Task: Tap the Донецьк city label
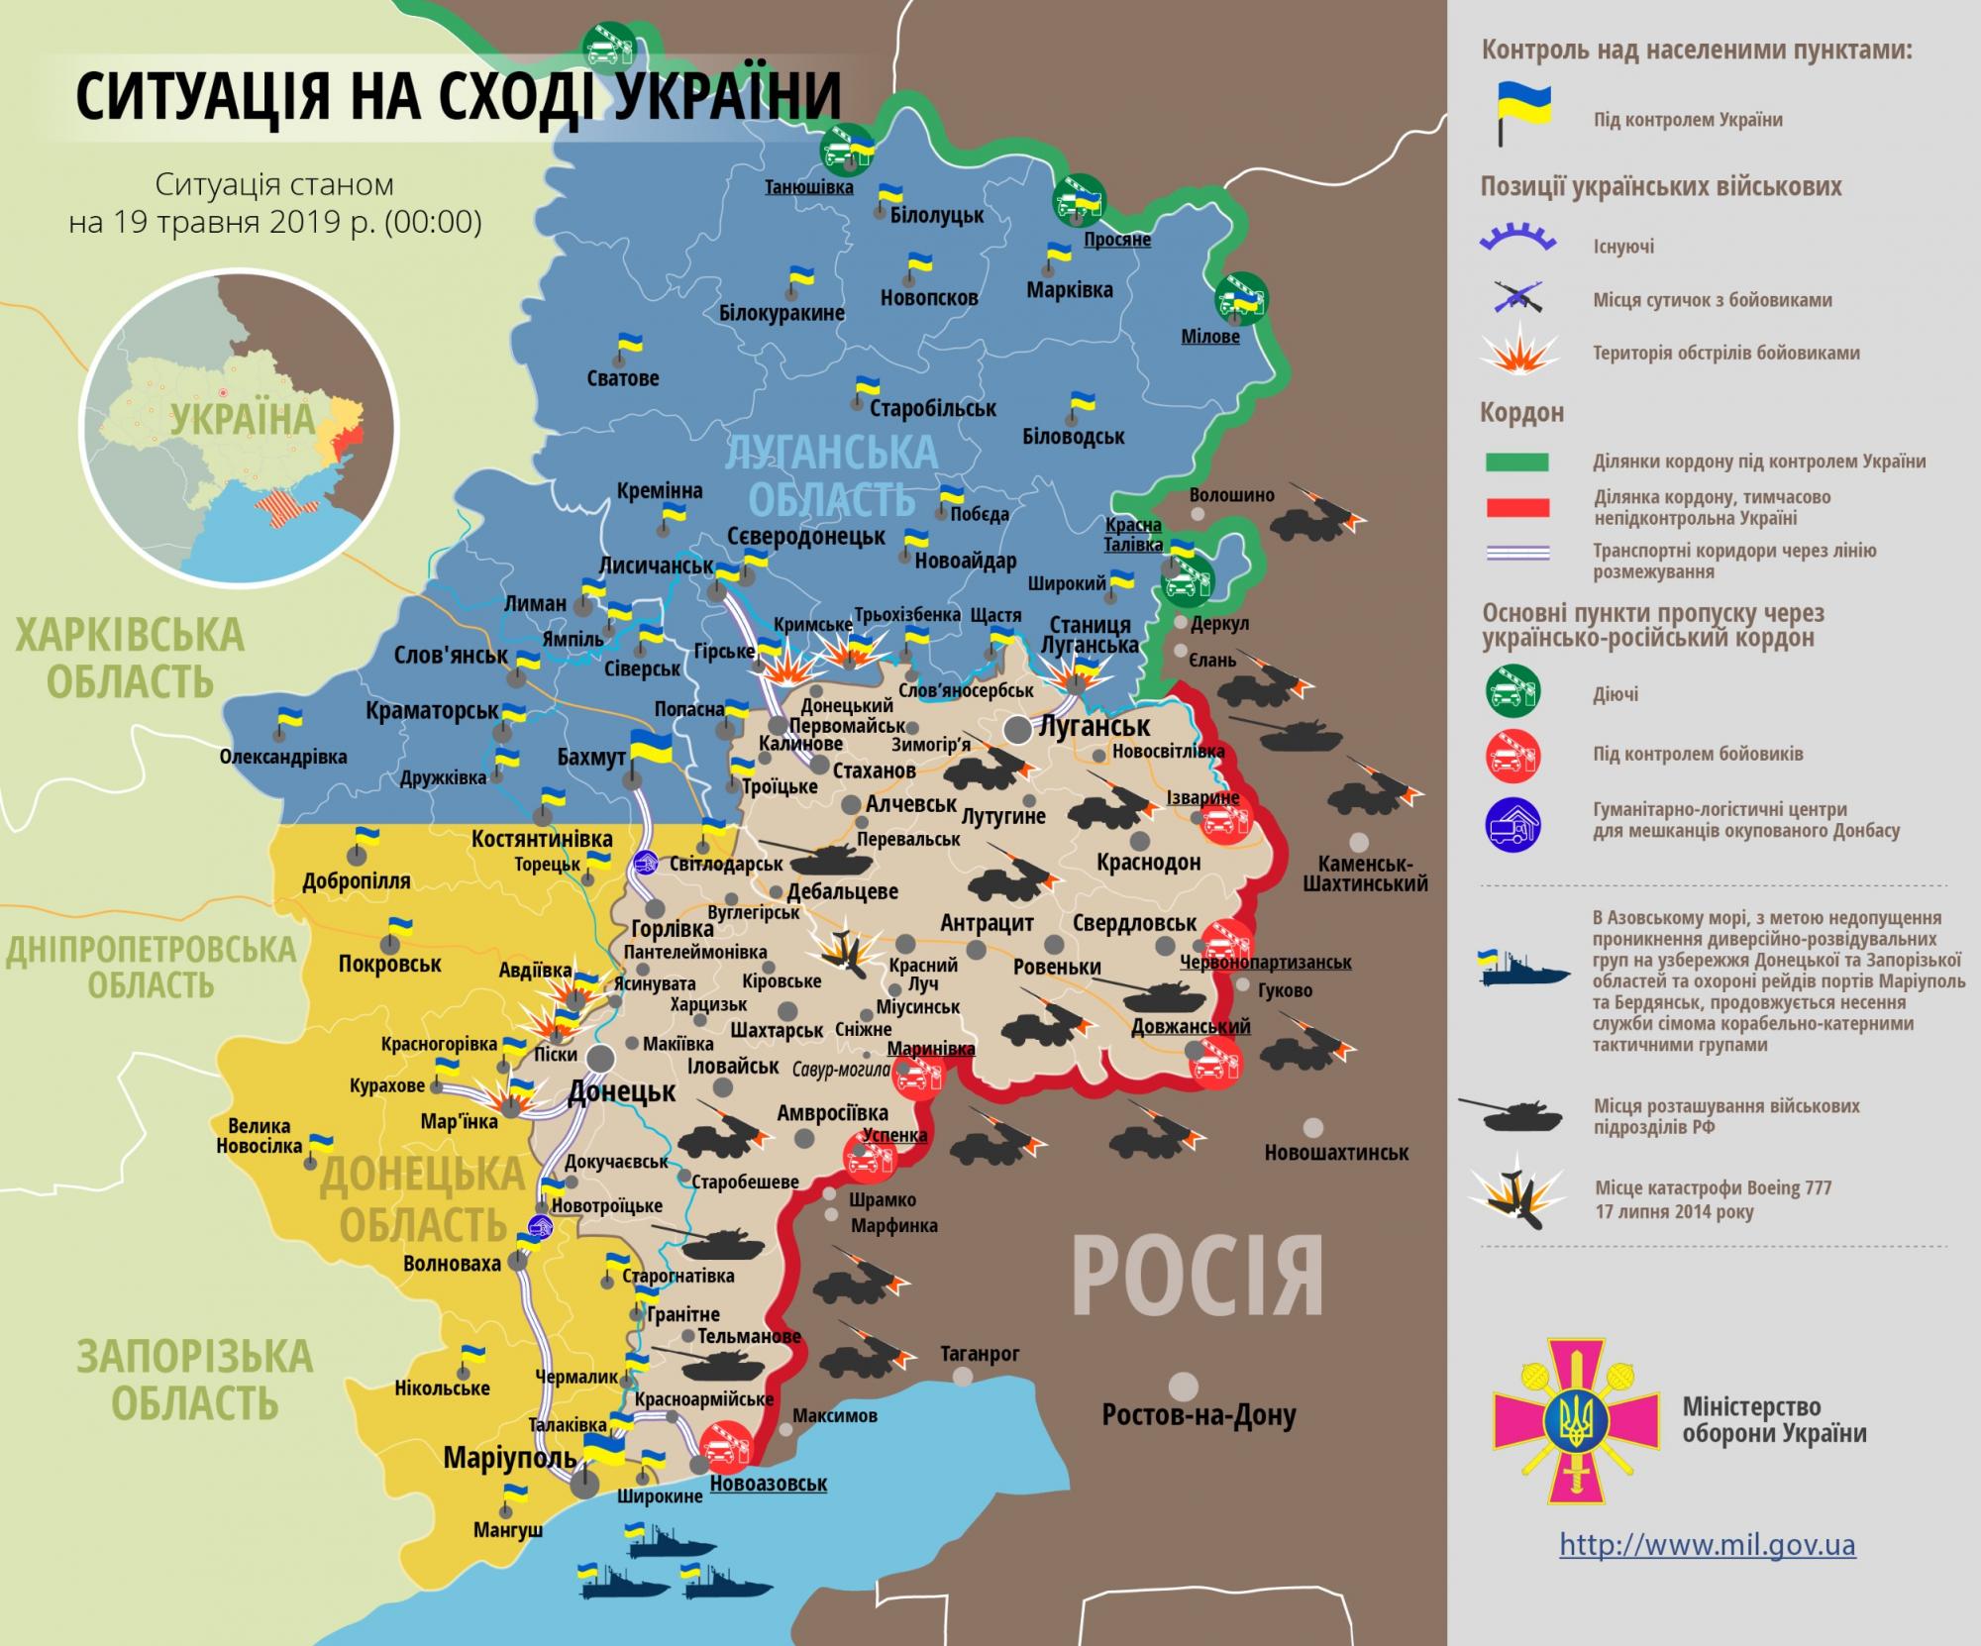pyautogui.click(x=621, y=1092)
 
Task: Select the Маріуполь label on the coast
pyautogui.click(x=509, y=1458)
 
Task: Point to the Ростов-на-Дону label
pyautogui.click(x=1199, y=1415)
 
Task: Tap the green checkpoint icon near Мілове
pyautogui.click(x=1241, y=297)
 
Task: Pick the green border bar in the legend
pyautogui.click(x=1516, y=462)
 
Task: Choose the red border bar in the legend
pyautogui.click(x=1516, y=508)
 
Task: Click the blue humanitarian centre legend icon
pyautogui.click(x=1512, y=821)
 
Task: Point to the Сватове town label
pyautogui.click(x=622, y=378)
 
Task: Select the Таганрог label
pyautogui.click(x=980, y=1353)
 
